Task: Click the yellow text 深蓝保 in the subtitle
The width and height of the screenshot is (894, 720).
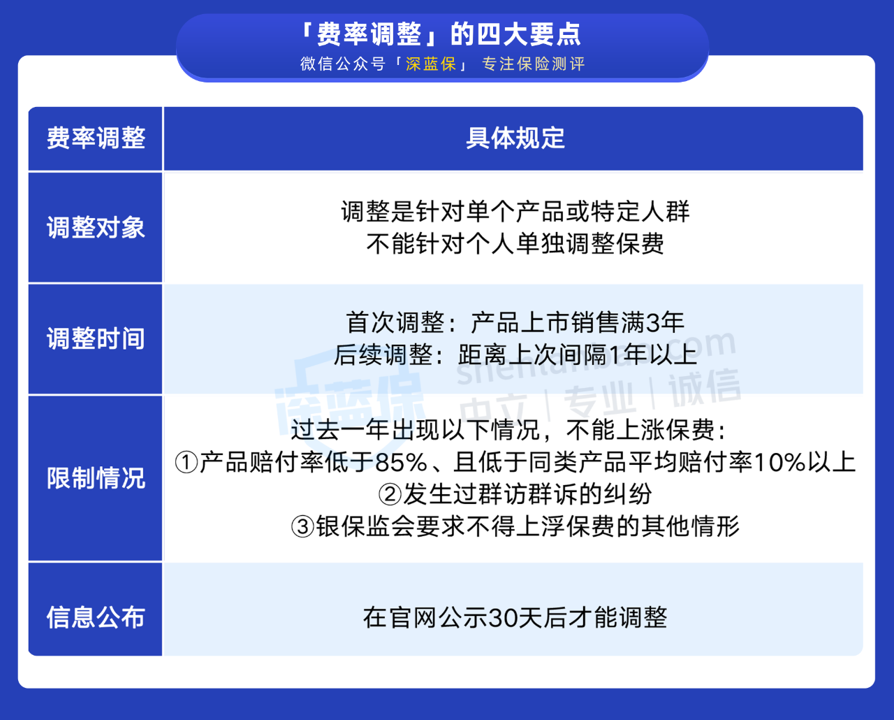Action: pyautogui.click(x=431, y=64)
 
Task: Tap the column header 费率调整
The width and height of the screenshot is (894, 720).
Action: pyautogui.click(x=96, y=138)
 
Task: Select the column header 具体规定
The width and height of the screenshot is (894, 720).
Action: pyautogui.click(x=515, y=138)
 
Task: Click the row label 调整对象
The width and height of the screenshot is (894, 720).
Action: pyautogui.click(x=96, y=227)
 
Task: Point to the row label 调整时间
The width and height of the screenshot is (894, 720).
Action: pyautogui.click(x=96, y=338)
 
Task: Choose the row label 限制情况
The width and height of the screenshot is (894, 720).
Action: pyautogui.click(x=96, y=478)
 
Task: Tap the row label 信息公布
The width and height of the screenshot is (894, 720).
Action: pyautogui.click(x=96, y=617)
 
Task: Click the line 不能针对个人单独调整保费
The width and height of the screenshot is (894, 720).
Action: pyautogui.click(x=515, y=244)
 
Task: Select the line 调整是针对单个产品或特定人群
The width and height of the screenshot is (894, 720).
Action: pyautogui.click(x=515, y=212)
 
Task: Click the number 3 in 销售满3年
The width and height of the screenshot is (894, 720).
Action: pyautogui.click(x=652, y=323)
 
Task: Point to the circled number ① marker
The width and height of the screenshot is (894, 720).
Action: pyautogui.click(x=186, y=463)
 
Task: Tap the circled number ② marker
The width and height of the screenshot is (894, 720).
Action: pyautogui.click(x=390, y=495)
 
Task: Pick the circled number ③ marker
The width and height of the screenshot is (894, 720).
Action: pyautogui.click(x=303, y=527)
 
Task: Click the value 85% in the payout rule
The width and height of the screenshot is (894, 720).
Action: pyautogui.click(x=402, y=463)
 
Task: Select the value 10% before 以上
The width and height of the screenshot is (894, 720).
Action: pyautogui.click(x=779, y=463)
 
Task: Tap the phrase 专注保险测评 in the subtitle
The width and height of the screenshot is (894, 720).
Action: pyautogui.click(x=534, y=64)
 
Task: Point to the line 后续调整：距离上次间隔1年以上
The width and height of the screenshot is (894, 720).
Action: pyautogui.click(x=515, y=355)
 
